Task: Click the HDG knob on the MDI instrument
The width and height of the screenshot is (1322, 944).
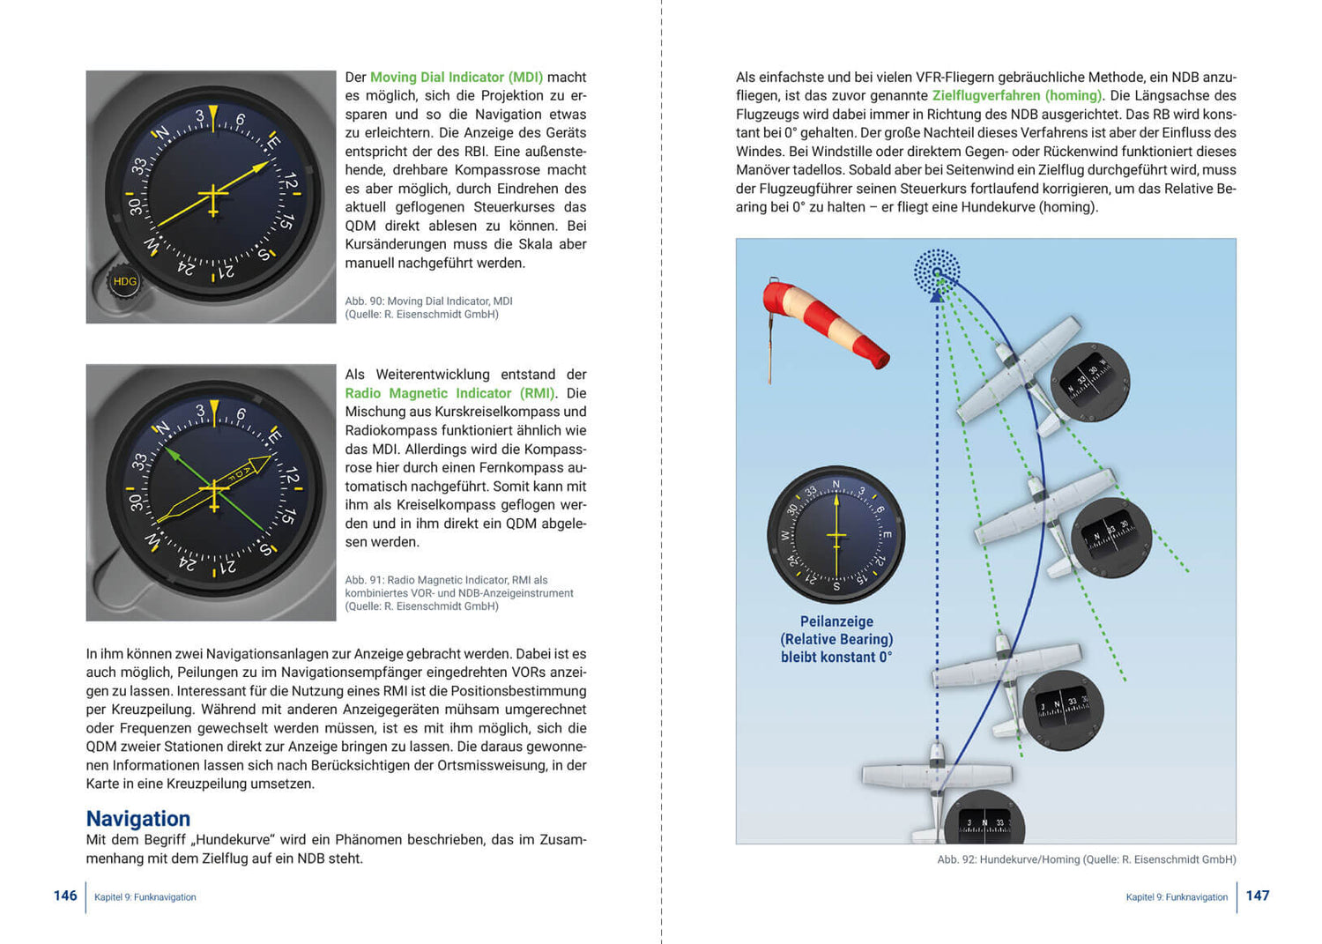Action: click(x=124, y=281)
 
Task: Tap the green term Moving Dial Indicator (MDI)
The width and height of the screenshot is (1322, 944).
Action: click(x=456, y=78)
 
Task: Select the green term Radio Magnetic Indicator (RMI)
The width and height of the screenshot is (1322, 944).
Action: click(x=449, y=393)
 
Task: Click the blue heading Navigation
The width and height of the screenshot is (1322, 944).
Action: click(x=138, y=819)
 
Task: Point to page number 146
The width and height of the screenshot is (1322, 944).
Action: click(x=65, y=896)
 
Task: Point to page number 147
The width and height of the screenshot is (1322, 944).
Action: click(x=1258, y=896)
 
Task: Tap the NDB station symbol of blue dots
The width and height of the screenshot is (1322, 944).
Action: click(x=937, y=271)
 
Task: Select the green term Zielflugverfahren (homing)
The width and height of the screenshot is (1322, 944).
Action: click(x=1017, y=96)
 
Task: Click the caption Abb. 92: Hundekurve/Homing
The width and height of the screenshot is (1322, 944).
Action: click(x=1086, y=859)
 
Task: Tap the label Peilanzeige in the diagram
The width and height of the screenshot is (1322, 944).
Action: click(x=836, y=621)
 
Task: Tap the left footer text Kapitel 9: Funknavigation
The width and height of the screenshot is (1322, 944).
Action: click(x=145, y=897)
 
